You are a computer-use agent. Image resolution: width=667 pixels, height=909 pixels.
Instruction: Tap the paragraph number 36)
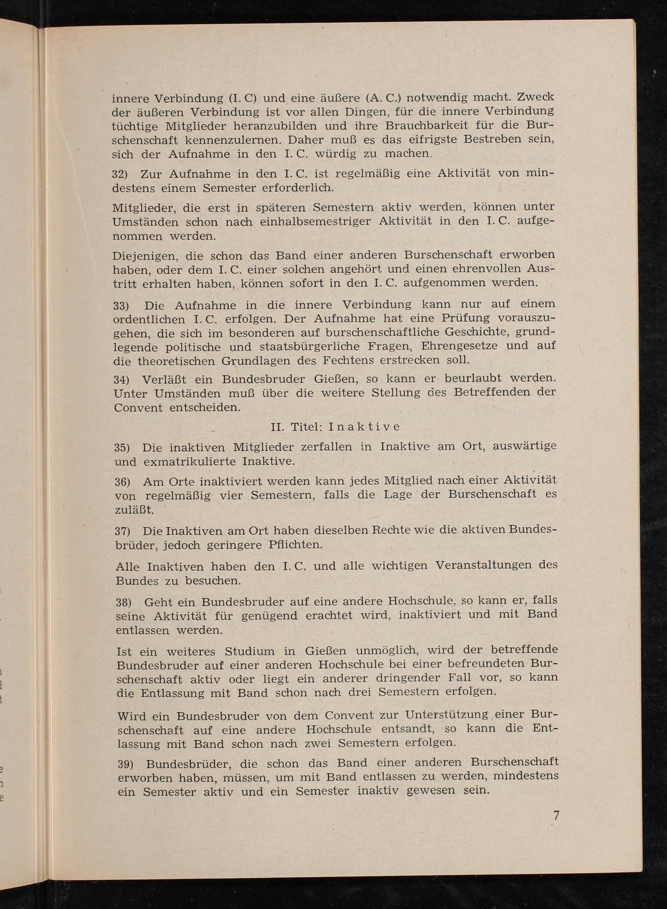point(122,482)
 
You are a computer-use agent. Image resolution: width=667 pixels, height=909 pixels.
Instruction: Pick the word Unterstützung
point(447,715)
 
